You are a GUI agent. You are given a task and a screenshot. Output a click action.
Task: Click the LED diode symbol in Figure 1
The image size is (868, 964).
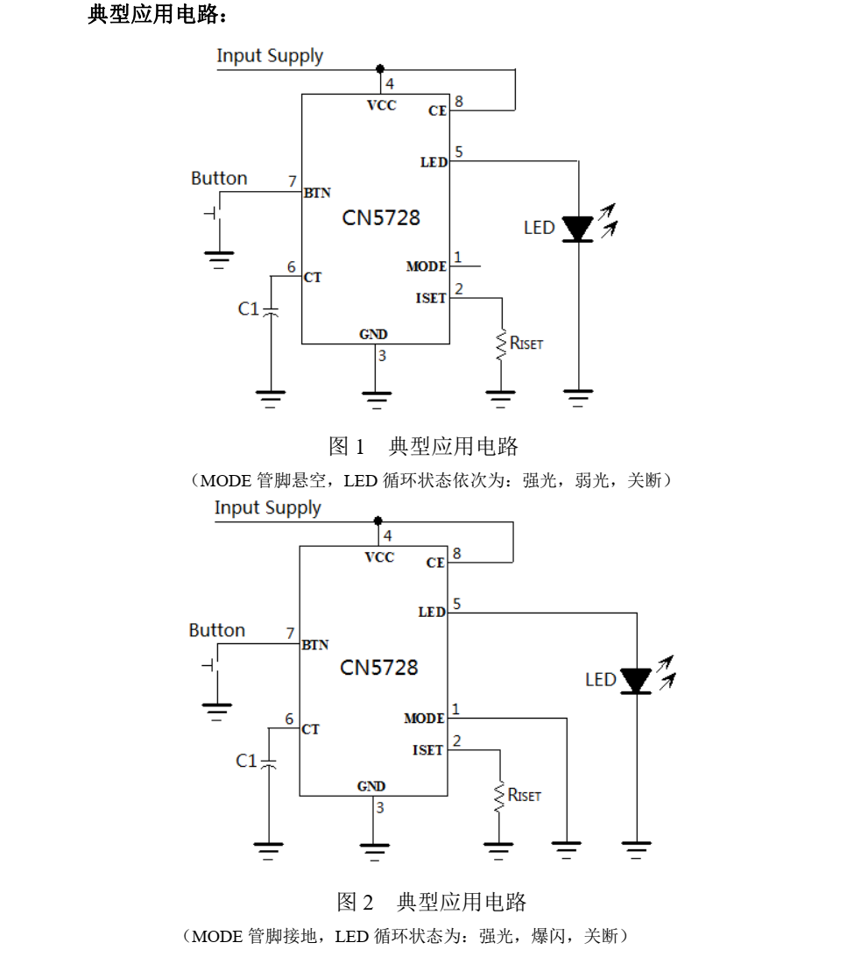(x=578, y=228)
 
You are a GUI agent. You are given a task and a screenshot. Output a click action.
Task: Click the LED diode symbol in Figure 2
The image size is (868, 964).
(x=637, y=680)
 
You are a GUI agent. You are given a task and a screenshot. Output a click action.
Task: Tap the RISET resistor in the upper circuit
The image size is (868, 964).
(x=501, y=344)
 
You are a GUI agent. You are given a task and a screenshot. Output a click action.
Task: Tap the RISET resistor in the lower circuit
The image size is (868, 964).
(x=498, y=796)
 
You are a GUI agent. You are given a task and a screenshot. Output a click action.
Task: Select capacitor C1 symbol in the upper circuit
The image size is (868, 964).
(x=271, y=310)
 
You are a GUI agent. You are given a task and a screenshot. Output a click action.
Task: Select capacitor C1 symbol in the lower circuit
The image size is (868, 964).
(x=269, y=762)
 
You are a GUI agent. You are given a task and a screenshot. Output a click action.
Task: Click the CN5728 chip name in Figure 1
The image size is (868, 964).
(x=381, y=217)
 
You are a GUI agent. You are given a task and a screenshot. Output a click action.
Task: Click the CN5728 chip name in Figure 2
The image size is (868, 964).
(x=379, y=668)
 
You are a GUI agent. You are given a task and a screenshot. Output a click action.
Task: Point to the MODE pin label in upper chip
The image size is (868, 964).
(x=427, y=266)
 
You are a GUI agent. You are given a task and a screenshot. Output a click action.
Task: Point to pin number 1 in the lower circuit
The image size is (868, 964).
(x=455, y=708)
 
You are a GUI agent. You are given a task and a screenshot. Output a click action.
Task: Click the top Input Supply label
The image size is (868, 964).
(x=270, y=56)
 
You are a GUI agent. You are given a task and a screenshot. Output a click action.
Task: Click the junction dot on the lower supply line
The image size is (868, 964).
(x=378, y=521)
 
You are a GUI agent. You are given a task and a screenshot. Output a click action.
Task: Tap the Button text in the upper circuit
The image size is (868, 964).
(x=219, y=179)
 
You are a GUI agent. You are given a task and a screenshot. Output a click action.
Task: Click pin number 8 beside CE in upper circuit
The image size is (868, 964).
(x=458, y=102)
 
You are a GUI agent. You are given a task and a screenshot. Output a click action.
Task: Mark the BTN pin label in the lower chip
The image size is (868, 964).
(x=314, y=645)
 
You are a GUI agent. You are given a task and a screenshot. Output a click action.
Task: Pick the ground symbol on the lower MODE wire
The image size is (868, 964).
(x=567, y=847)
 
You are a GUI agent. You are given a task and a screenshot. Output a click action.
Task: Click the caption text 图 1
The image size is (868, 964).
(x=346, y=447)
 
